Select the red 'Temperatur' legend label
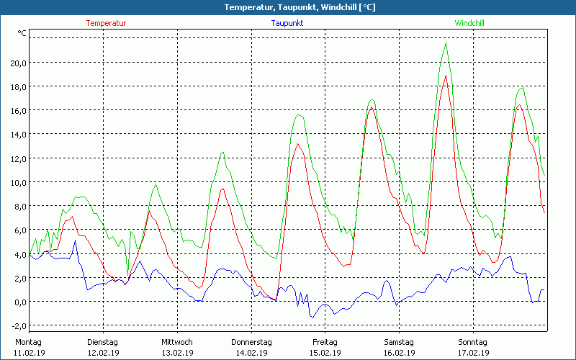tap(106, 23)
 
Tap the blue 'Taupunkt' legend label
tap(287, 23)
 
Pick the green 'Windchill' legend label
tap(469, 23)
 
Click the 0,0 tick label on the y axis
tap(19, 302)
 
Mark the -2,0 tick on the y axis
tap(17, 325)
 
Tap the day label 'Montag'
tap(29, 342)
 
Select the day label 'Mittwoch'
tap(176, 342)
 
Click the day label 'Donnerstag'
tap(251, 342)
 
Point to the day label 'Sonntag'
tap(472, 342)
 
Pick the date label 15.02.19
tap(325, 353)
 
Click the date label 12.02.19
tap(103, 353)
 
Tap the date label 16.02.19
tap(399, 353)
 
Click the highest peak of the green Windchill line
tap(446, 43)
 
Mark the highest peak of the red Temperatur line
tap(446, 76)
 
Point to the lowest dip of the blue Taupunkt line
tap(312, 318)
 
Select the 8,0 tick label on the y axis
tap(19, 206)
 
